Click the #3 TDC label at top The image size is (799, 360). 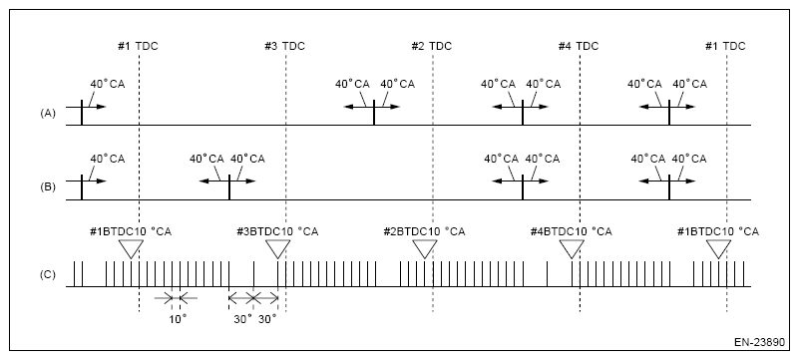[x=285, y=46]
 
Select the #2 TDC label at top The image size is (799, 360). [x=431, y=46]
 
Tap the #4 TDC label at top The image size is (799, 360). [x=579, y=46]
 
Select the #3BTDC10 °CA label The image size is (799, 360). [x=277, y=231]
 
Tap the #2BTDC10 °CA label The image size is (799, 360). [x=424, y=231]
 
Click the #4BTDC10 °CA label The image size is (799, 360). [x=572, y=231]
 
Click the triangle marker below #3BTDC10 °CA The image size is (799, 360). [x=277, y=250]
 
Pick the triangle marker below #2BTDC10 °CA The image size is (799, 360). [x=424, y=250]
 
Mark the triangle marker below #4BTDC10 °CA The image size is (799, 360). [x=571, y=250]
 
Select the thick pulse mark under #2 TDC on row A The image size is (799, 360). [x=374, y=111]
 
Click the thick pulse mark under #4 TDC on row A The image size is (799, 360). [x=522, y=111]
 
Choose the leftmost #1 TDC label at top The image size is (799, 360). [x=139, y=46]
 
